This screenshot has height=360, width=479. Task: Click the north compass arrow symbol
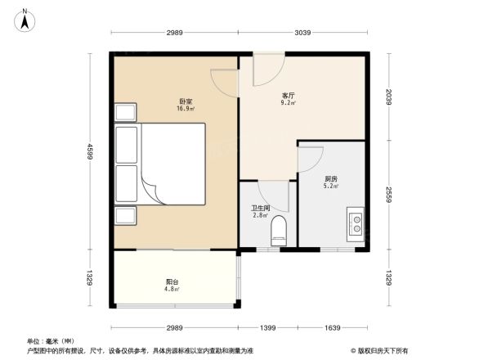click(25, 18)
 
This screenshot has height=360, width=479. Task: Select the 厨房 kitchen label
click(331, 178)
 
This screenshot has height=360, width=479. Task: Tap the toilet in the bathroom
click(278, 230)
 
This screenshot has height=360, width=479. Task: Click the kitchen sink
click(357, 223)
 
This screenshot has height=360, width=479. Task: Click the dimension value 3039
click(302, 32)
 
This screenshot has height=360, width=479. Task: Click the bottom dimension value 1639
click(333, 327)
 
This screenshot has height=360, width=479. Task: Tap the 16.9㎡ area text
click(185, 108)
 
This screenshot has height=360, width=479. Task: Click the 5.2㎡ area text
click(331, 186)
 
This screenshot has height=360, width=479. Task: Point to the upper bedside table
click(126, 112)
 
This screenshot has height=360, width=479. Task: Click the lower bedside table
click(126, 214)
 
